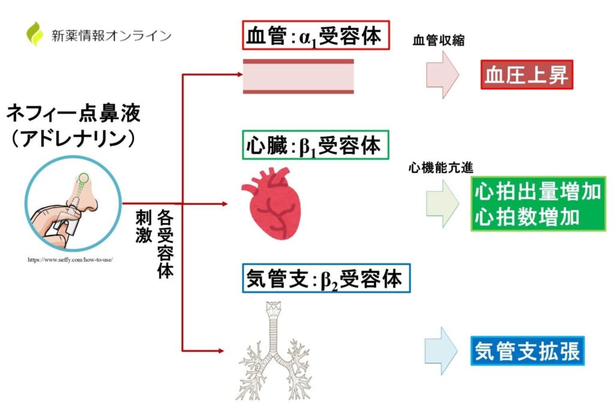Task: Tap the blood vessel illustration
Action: tap(298, 76)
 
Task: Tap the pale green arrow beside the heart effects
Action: tap(443, 203)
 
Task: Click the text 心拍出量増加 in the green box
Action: tap(537, 192)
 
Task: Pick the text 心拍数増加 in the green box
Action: tap(527, 216)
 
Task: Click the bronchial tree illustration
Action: tap(275, 350)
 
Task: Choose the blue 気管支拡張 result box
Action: tap(527, 351)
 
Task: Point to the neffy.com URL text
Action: tap(70, 260)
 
